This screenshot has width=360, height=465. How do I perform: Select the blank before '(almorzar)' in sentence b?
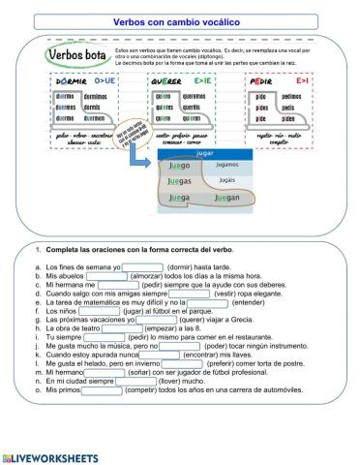(106, 276)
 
